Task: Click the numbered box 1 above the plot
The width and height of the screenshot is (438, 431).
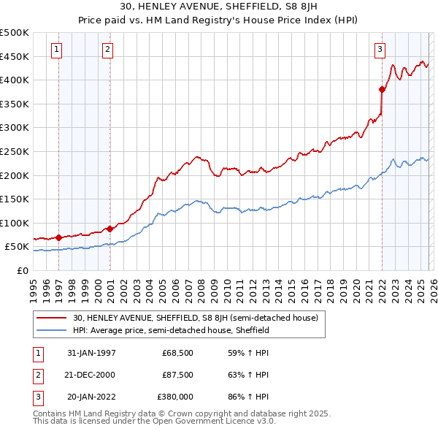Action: coord(56,50)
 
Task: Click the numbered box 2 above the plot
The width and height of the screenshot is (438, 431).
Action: coord(107,50)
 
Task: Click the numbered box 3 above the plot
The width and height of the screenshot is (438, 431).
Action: coord(380,50)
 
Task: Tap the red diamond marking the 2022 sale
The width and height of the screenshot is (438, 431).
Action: coord(382,90)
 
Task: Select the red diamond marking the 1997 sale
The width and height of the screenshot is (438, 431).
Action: coord(58,237)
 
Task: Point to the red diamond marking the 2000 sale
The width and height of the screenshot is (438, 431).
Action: coord(109,229)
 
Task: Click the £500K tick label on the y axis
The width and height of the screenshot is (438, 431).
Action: coord(15,33)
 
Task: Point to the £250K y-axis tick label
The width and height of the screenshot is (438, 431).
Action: coord(15,151)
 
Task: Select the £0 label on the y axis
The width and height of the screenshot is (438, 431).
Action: coord(22,270)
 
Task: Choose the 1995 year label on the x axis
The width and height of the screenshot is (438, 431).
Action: coord(34,288)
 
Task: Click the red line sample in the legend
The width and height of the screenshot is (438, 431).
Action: coord(53,318)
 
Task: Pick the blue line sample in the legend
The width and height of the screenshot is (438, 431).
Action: coord(53,330)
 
